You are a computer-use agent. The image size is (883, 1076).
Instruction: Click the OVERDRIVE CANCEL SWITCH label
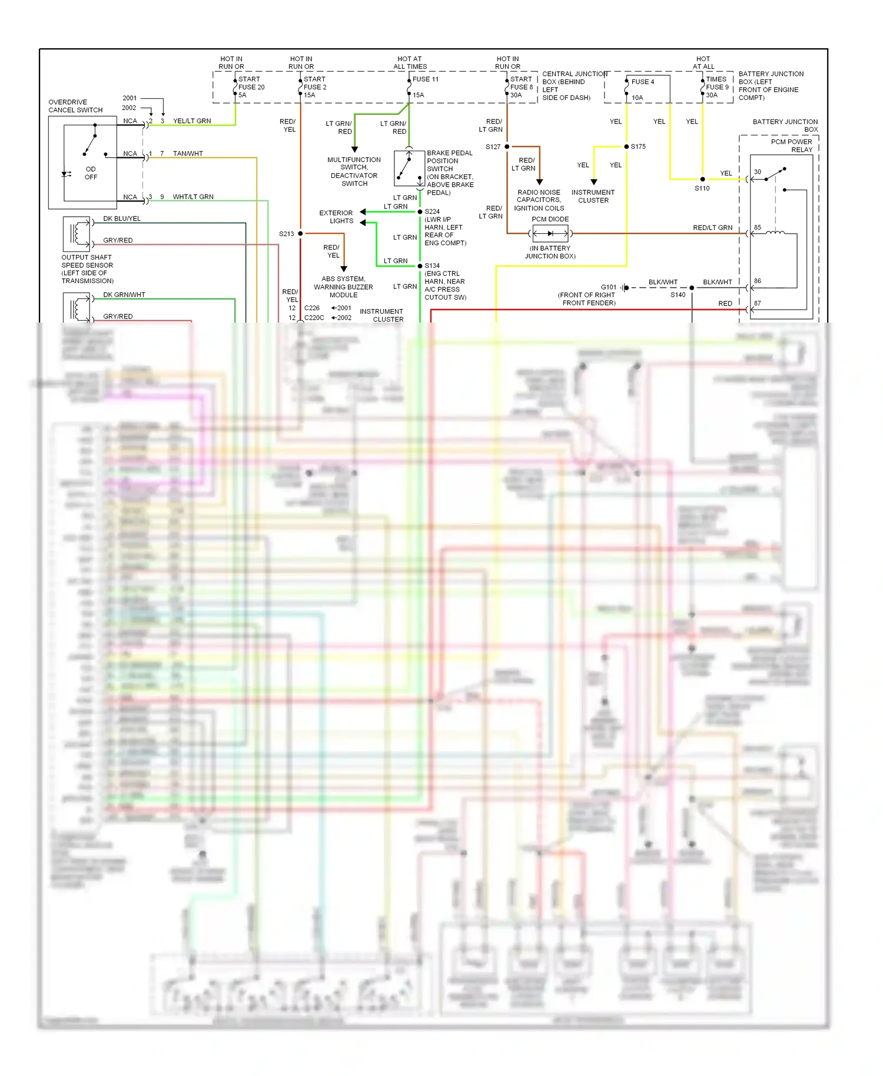[75, 106]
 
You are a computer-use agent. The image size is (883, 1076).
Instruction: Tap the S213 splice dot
[300, 234]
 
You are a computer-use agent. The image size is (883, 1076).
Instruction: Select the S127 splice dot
[507, 147]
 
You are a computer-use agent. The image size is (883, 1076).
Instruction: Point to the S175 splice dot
[626, 147]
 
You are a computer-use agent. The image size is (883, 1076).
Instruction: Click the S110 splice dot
[702, 179]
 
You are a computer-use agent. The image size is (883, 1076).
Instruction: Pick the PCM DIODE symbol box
[550, 234]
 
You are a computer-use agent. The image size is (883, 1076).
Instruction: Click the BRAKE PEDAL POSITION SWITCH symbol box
[409, 168]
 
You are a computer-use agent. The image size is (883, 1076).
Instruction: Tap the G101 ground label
[609, 287]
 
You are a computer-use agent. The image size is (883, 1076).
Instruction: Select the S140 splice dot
[692, 288]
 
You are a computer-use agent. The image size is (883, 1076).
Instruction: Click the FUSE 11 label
[425, 79]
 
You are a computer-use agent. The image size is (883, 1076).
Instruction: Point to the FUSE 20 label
[251, 87]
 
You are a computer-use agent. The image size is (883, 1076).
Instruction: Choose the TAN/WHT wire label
[188, 154]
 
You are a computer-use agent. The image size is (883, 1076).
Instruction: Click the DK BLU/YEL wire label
[122, 218]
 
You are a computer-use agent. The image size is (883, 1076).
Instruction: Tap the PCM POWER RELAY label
[791, 145]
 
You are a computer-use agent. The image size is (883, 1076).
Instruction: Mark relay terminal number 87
[758, 303]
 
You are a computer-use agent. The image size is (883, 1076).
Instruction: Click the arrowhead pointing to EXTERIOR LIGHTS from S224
[363, 212]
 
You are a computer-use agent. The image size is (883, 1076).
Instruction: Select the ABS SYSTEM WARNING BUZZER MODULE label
[343, 287]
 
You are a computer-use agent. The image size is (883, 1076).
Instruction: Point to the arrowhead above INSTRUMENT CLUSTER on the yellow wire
[594, 182]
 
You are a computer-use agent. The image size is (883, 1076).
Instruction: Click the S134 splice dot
[420, 266]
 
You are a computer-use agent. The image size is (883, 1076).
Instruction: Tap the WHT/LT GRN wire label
[193, 197]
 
